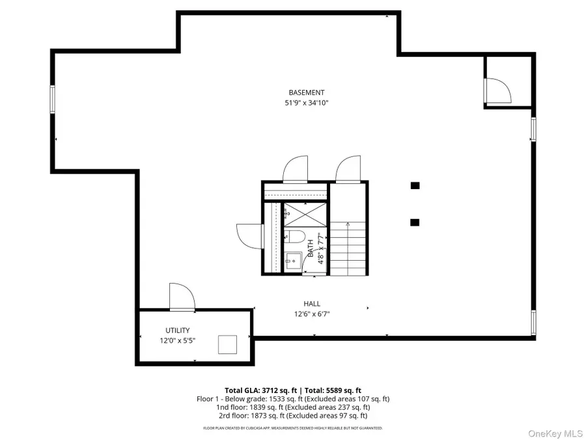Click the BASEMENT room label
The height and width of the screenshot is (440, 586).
click(x=306, y=93)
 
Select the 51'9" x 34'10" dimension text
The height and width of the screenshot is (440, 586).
click(x=306, y=103)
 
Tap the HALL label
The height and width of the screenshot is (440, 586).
click(x=311, y=304)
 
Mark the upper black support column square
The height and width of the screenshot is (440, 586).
click(x=415, y=186)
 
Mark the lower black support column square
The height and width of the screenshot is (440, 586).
click(x=415, y=222)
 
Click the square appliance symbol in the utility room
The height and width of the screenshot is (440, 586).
click(x=227, y=344)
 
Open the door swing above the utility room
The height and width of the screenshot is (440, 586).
click(x=182, y=297)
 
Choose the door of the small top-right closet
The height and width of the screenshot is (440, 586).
click(x=497, y=91)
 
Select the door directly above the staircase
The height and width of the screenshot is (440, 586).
click(x=347, y=169)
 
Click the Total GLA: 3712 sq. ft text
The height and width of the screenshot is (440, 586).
click(x=262, y=390)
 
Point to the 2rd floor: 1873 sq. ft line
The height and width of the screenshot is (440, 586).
click(x=293, y=415)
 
